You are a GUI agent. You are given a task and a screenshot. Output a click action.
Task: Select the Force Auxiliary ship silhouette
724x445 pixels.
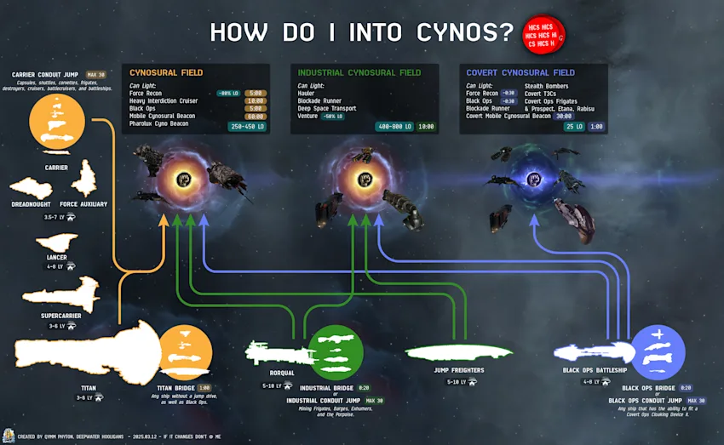tap(83, 180)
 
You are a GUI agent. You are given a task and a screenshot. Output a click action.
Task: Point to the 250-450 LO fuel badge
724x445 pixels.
tap(246, 126)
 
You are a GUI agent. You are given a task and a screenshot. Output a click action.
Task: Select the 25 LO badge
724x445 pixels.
tap(573, 126)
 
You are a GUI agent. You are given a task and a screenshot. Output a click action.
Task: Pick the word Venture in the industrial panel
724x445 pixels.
tap(308, 117)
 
